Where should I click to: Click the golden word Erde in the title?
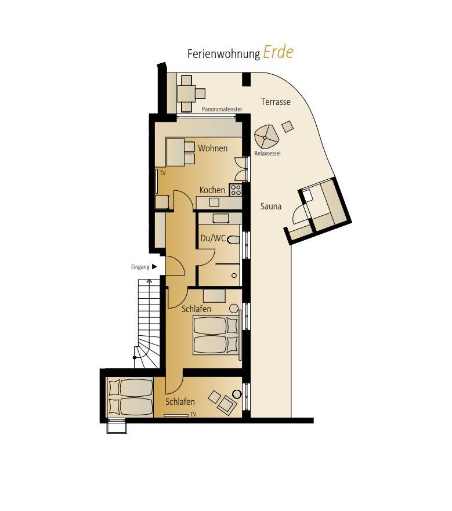pyautogui.click(x=278, y=52)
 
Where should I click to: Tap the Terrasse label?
pyautogui.click(x=276, y=102)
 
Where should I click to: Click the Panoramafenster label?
pyautogui.click(x=222, y=109)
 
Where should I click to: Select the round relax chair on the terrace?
pyautogui.click(x=266, y=137)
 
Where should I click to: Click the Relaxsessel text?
pyautogui.click(x=267, y=153)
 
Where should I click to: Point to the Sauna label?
pyautogui.click(x=271, y=206)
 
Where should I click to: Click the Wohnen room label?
pyautogui.click(x=212, y=148)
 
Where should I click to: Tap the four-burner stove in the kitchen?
pyautogui.click(x=236, y=190)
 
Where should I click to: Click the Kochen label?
pyautogui.click(x=212, y=190)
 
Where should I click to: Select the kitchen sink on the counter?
pyautogui.click(x=214, y=202)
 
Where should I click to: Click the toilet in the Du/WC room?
pyautogui.click(x=233, y=240)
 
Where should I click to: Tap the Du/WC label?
pyautogui.click(x=213, y=238)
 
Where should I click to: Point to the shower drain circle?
pyautogui.click(x=234, y=276)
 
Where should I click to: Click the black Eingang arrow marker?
pyautogui.click(x=154, y=267)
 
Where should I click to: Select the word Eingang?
pyautogui.click(x=140, y=267)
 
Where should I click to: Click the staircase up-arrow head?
pyautogui.click(x=149, y=281)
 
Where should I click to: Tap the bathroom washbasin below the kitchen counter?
pyautogui.click(x=221, y=218)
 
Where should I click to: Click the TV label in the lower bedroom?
pyautogui.click(x=193, y=415)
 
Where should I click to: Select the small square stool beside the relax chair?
pyautogui.click(x=287, y=126)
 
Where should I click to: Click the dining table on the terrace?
pyautogui.click(x=186, y=93)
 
